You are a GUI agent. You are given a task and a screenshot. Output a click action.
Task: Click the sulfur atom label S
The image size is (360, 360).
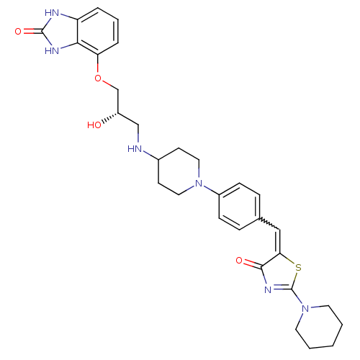click(298, 267)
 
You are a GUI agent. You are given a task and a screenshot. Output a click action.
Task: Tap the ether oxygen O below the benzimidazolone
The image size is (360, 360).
click(98, 78)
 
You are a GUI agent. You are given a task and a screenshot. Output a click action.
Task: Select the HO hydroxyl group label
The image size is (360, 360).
click(94, 125)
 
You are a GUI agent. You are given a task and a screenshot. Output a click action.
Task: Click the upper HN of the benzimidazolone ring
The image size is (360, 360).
click(52, 13)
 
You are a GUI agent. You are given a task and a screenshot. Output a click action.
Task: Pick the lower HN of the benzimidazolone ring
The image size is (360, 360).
click(52, 50)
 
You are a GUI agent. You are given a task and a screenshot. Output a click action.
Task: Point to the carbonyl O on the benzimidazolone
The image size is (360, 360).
click(18, 32)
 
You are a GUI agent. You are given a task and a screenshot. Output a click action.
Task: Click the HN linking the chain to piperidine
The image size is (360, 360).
click(135, 149)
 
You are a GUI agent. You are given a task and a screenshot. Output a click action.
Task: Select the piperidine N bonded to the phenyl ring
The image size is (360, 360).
click(199, 184)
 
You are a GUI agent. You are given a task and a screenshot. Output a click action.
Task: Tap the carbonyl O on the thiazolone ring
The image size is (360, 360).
click(239, 261)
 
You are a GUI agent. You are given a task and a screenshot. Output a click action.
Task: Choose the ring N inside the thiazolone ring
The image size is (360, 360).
click(268, 289)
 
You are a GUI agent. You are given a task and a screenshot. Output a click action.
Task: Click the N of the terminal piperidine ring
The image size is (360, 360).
click(305, 308)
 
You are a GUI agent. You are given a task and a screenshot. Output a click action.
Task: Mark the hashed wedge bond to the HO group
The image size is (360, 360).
click(109, 118)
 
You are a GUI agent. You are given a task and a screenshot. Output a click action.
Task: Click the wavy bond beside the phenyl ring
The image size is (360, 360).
click(269, 224)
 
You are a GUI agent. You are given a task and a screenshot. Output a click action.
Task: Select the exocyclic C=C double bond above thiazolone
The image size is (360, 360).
click(279, 242)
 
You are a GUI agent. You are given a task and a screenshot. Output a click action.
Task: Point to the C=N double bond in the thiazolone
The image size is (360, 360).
click(282, 287)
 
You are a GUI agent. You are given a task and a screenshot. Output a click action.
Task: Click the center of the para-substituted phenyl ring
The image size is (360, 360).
click(239, 207)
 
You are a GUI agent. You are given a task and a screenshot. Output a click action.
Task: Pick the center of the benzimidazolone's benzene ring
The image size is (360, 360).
click(98, 32)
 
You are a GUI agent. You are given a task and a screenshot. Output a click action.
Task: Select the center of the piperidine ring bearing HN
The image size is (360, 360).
click(179, 171)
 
